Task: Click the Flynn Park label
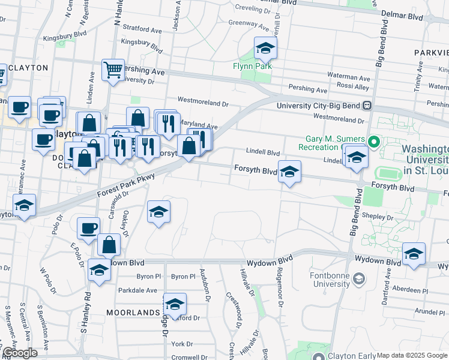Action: click(253, 66)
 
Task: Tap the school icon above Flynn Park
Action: click(265, 48)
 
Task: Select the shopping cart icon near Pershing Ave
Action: click(112, 70)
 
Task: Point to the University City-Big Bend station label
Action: click(318, 106)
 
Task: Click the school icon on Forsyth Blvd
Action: click(289, 173)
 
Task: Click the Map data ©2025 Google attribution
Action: click(412, 355)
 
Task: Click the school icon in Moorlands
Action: click(175, 304)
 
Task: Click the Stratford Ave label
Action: click(142, 29)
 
